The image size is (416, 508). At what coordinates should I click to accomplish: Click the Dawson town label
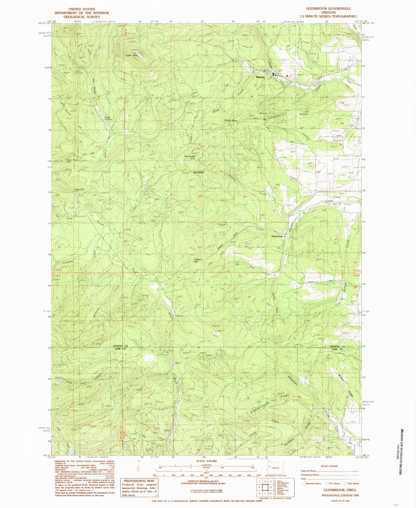point(260,77)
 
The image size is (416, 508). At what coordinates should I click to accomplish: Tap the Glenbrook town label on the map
point(277,237)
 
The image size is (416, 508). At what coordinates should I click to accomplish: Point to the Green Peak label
point(131,55)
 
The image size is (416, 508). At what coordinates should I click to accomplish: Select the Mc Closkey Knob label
point(190,157)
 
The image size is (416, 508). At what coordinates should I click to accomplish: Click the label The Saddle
point(198,173)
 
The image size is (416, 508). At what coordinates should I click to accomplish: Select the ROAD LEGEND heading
point(329,466)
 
